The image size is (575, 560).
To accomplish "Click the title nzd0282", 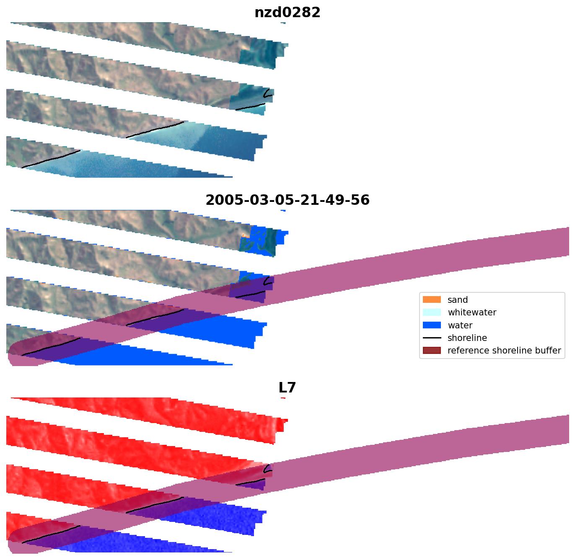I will (x=287, y=12).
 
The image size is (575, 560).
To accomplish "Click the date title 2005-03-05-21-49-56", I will (x=287, y=200).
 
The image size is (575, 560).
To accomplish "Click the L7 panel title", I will (x=287, y=387).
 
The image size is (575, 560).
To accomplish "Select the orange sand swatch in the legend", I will (x=432, y=299).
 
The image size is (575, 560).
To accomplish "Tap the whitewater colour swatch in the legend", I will (x=432, y=312).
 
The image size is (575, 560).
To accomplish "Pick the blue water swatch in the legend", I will (x=432, y=325).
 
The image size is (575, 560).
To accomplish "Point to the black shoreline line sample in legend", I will (x=432, y=338).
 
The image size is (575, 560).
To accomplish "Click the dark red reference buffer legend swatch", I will (x=432, y=351).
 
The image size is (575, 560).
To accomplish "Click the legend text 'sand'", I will (x=457, y=299).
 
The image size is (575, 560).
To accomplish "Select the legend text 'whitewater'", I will (x=471, y=312).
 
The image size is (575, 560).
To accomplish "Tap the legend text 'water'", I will (x=460, y=325).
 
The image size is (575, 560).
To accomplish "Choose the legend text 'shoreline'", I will (x=467, y=338).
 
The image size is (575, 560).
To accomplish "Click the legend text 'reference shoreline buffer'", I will (x=504, y=351).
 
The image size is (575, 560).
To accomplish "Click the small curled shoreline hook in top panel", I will (x=267, y=93).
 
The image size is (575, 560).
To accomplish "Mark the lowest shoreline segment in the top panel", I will (x=50, y=159).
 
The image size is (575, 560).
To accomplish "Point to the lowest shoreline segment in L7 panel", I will (x=50, y=534).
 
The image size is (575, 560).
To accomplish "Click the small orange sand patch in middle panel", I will (x=245, y=236).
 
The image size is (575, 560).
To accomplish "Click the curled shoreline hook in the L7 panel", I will (x=267, y=469).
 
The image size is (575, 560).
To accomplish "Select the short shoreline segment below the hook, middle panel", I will (x=250, y=294).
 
